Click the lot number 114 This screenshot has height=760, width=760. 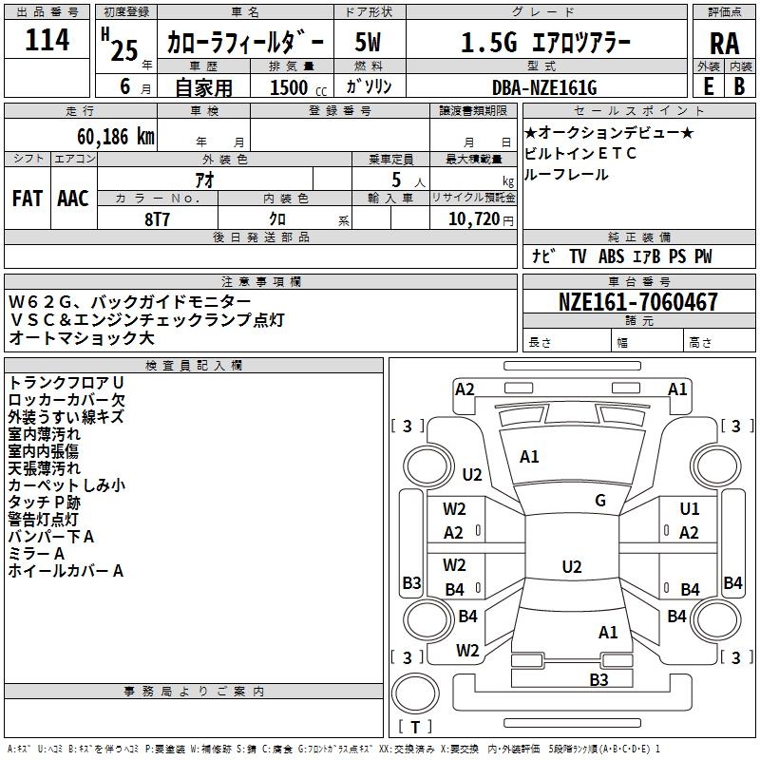[47, 39]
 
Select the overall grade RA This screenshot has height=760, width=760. [724, 44]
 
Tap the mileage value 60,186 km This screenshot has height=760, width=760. [116, 137]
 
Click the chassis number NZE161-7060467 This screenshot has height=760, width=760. [637, 301]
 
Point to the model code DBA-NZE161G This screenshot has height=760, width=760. [544, 87]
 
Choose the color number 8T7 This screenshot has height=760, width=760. [157, 219]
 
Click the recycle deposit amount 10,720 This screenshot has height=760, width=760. [474, 219]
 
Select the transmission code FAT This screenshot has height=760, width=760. [28, 199]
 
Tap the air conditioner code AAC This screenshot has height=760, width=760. [73, 199]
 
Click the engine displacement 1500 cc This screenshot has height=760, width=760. [298, 87]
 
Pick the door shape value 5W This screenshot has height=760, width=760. [368, 42]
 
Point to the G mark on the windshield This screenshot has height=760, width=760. [600, 501]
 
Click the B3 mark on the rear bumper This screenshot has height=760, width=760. [598, 679]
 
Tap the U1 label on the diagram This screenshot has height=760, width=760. [690, 509]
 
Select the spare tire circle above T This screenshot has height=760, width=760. [415, 693]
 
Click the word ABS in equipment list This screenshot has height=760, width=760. [611, 256]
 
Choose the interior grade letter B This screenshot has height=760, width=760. [739, 86]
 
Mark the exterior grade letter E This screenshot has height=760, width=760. [709, 86]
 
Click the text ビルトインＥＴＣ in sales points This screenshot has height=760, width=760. [579, 154]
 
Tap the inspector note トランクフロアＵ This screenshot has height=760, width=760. [66, 383]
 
